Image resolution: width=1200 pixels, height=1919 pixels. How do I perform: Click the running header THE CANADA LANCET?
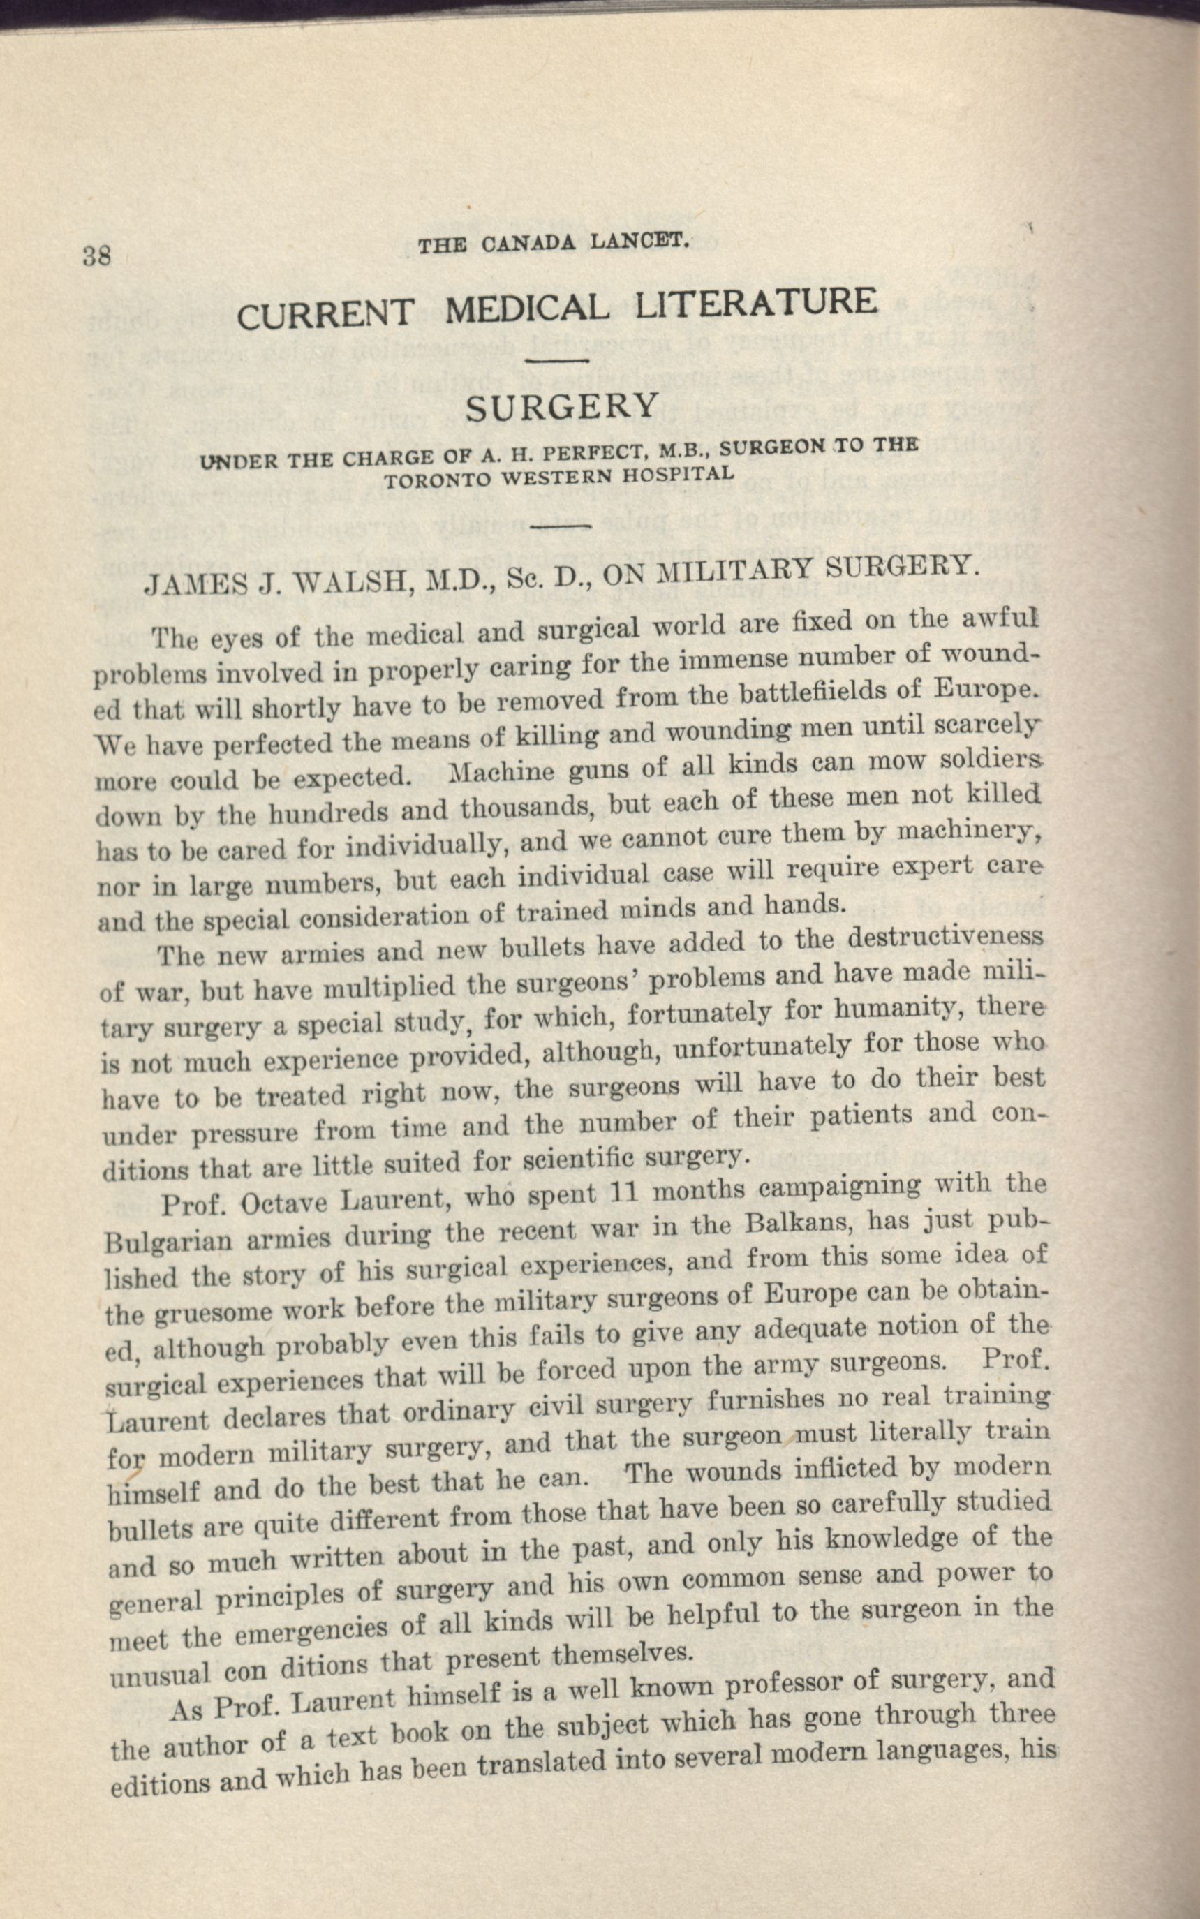(553, 244)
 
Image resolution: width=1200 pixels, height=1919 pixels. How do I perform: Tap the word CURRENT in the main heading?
(325, 313)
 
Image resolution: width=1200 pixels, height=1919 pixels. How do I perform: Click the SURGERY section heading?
(561, 408)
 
